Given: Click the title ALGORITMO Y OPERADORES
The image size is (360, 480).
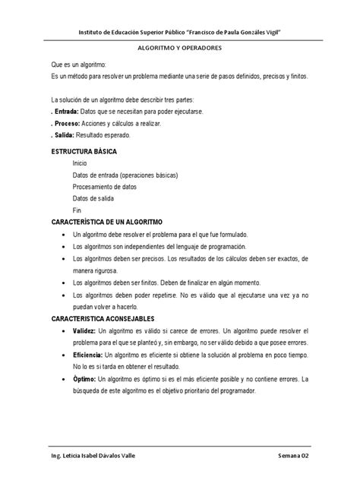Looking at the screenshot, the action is pyautogui.click(x=179, y=46).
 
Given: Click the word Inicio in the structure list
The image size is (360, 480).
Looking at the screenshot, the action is pyautogui.click(x=81, y=163).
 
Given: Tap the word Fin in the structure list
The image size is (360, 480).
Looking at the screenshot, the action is pyautogui.click(x=77, y=209).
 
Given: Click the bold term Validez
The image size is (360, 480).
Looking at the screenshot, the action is pyautogui.click(x=84, y=333).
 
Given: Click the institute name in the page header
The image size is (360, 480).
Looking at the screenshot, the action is pyautogui.click(x=179, y=24).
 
